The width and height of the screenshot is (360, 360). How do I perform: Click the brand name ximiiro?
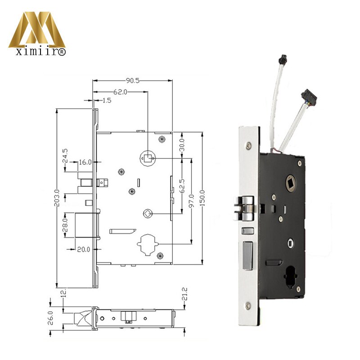point(37,52)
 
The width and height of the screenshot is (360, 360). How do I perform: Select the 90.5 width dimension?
point(132,81)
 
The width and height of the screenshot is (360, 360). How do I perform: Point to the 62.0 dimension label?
point(120,92)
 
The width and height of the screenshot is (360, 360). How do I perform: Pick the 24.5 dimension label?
point(65,155)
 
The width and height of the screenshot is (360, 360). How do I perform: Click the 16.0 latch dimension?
point(85,162)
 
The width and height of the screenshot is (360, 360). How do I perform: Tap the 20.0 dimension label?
point(84,249)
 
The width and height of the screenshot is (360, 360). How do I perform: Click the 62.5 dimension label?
point(182,185)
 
